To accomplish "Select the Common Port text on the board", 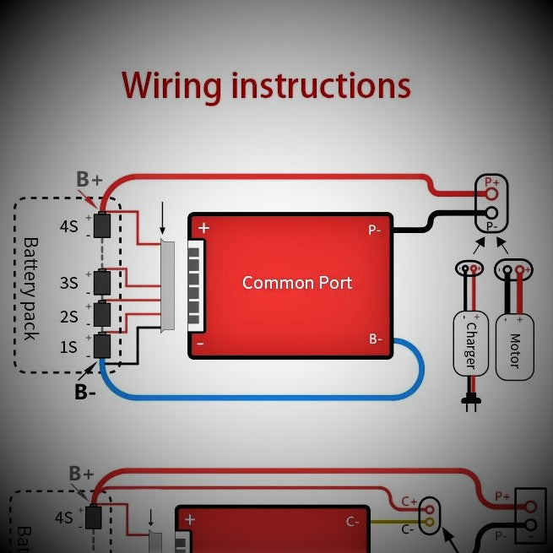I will click(x=296, y=282).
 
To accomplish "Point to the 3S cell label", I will click(x=69, y=283).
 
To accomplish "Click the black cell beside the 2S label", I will click(x=102, y=315).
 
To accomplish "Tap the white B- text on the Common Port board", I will click(x=376, y=339).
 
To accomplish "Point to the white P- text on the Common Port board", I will click(x=375, y=230).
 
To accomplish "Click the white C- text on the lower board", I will click(x=353, y=521).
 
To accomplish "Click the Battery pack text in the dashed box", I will click(x=31, y=288).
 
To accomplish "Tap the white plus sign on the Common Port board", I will click(x=203, y=228).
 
